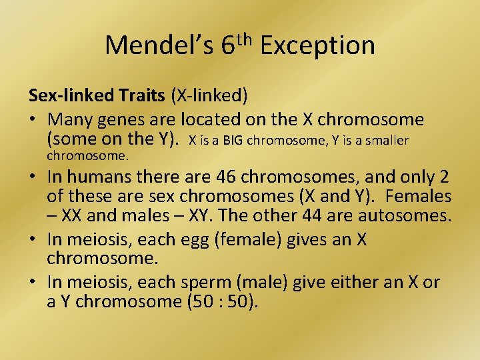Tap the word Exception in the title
coord(318,45)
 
